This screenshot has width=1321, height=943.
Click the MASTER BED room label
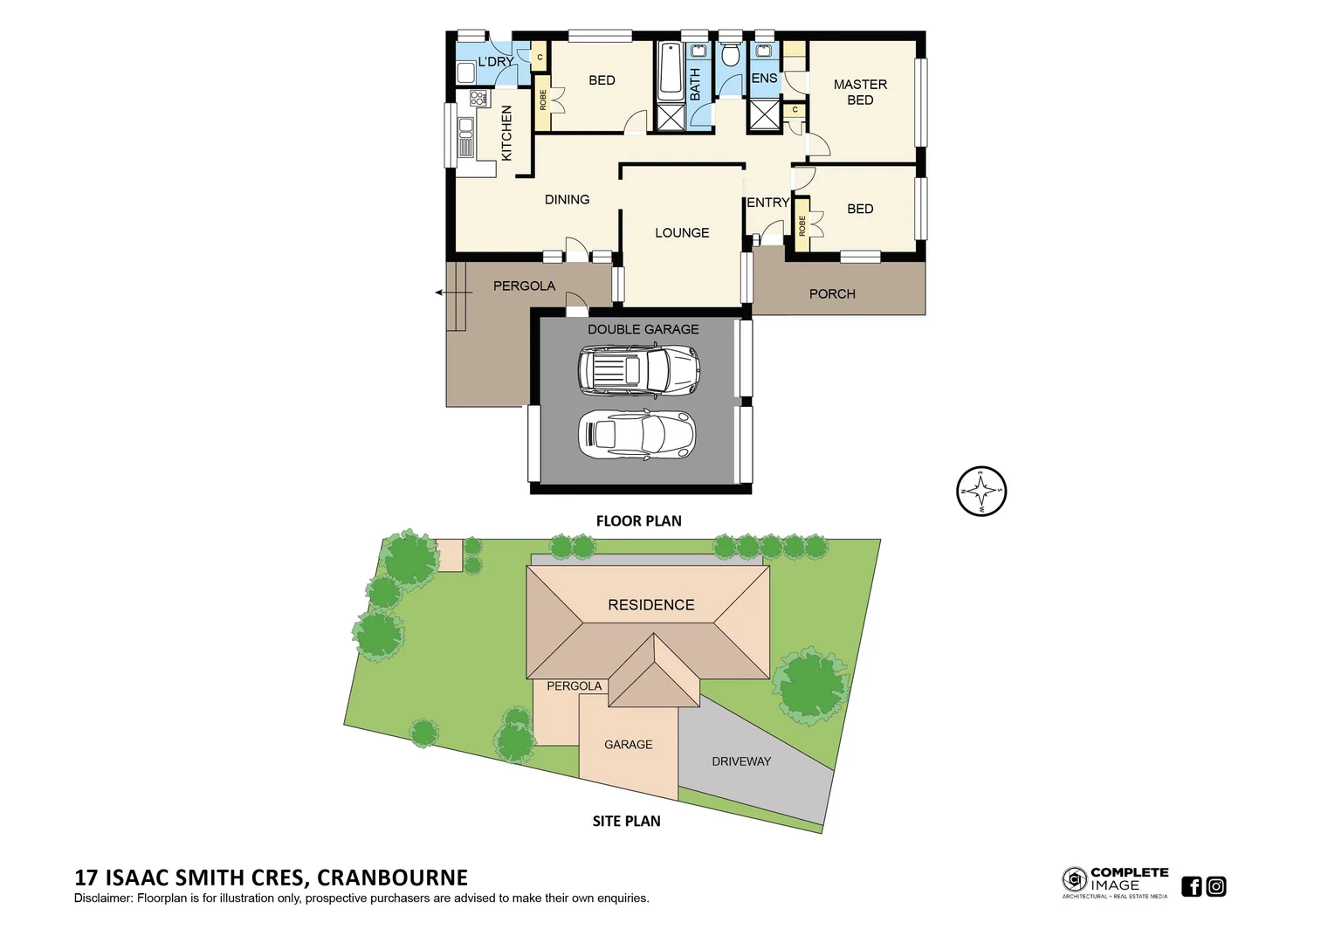pyautogui.click(x=859, y=92)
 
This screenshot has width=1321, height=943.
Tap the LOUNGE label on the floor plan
pyautogui.click(x=682, y=232)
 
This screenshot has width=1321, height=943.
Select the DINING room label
pyautogui.click(x=567, y=199)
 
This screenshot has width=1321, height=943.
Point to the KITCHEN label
pyautogui.click(x=506, y=133)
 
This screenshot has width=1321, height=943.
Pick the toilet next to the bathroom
pyautogui.click(x=731, y=55)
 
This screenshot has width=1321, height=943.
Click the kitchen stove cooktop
pyautogui.click(x=478, y=98)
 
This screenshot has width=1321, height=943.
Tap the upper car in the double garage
pyautogui.click(x=638, y=369)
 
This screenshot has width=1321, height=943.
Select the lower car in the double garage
pyautogui.click(x=636, y=434)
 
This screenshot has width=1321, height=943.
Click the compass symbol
pyautogui.click(x=981, y=491)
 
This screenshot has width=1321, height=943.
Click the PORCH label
pyautogui.click(x=832, y=293)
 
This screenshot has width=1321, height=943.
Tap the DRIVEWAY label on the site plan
pyautogui.click(x=741, y=761)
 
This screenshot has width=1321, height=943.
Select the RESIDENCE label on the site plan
pyautogui.click(x=651, y=604)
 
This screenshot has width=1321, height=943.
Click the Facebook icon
pyautogui.click(x=1191, y=886)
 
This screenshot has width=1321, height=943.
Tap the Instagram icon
pyautogui.click(x=1216, y=886)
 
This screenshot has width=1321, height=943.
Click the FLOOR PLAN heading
pyautogui.click(x=638, y=520)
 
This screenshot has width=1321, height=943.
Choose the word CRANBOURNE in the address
pyautogui.click(x=392, y=878)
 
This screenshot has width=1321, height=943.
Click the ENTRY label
pyautogui.click(x=767, y=202)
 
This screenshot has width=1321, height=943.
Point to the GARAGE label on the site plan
pyautogui.click(x=628, y=744)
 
